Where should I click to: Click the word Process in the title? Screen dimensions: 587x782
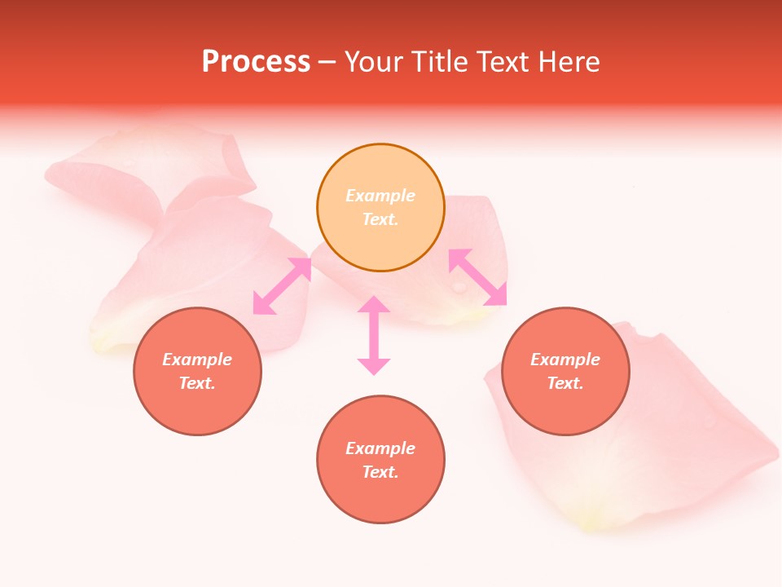[256, 62]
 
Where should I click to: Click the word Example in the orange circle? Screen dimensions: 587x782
[380, 196]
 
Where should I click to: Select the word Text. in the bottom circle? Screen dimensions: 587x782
[380, 472]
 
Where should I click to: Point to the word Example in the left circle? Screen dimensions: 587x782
[197, 360]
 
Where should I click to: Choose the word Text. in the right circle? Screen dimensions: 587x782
[565, 383]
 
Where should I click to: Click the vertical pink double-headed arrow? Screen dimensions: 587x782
[374, 335]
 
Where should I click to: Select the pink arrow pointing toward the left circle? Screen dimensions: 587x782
[282, 286]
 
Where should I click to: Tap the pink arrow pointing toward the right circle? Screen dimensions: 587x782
[478, 277]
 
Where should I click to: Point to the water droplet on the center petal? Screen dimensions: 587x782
[459, 287]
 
